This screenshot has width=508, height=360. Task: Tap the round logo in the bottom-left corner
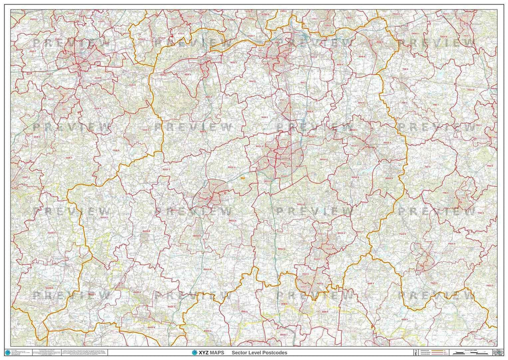7,353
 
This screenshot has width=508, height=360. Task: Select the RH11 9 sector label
269,182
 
